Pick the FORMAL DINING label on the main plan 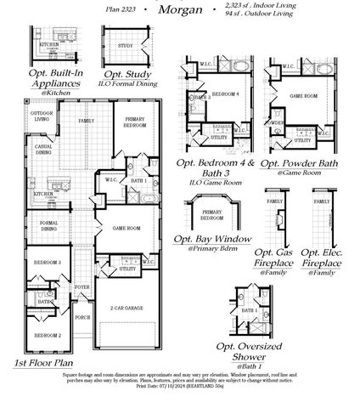pyautogui.click(x=48, y=225)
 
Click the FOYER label pyautogui.click(x=82, y=287)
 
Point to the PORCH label pyautogui.click(x=82, y=317)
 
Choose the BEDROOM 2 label pyautogui.click(x=48, y=336)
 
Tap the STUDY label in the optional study pyautogui.click(x=125, y=45)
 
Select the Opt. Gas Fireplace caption pyautogui.click(x=274, y=259)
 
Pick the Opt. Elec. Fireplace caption pyautogui.click(x=322, y=259)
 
